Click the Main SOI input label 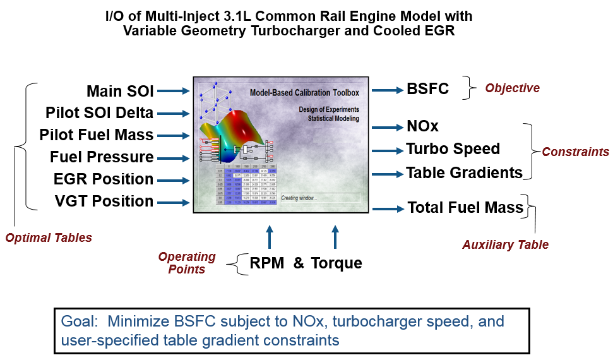coord(120,92)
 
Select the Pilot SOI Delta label coord(99,114)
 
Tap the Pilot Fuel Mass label coord(96,135)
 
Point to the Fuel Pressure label coord(102,157)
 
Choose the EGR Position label coord(104,179)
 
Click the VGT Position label coord(104,201)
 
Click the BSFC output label coord(427,89)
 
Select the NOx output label coord(422,127)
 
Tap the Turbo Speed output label coord(453,149)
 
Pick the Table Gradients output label coord(464,172)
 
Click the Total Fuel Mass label coord(465,207)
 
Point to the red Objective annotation coord(512,88)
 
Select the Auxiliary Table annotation coord(505,244)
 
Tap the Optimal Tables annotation coord(49,238)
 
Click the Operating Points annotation coord(187,263)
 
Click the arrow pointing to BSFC coord(387,90)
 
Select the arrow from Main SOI coord(173,92)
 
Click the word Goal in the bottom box coord(78,321)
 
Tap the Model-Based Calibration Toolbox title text coord(304,93)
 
